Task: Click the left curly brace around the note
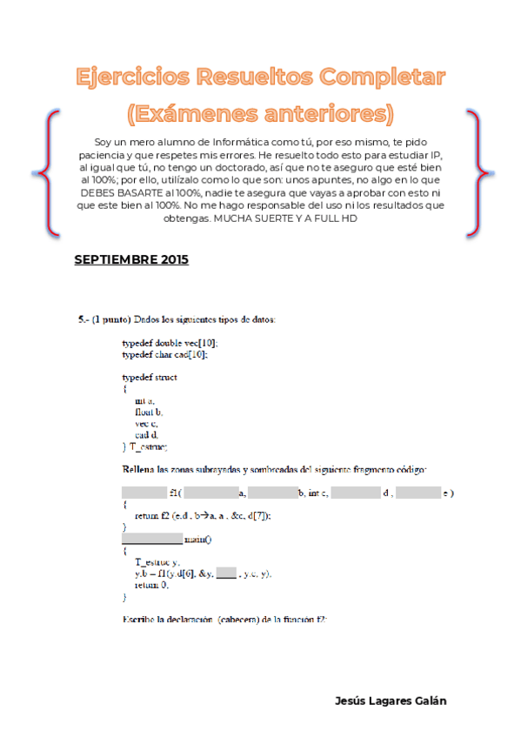(51, 173)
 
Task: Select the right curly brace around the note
(474, 173)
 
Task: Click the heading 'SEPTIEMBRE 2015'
(131, 259)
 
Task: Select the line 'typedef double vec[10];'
(170, 344)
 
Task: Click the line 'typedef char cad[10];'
(165, 355)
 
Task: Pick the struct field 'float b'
(150, 412)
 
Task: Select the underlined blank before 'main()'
(152, 539)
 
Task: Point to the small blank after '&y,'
(227, 574)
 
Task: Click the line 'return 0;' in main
(151, 585)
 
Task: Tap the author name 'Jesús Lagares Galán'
(391, 700)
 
